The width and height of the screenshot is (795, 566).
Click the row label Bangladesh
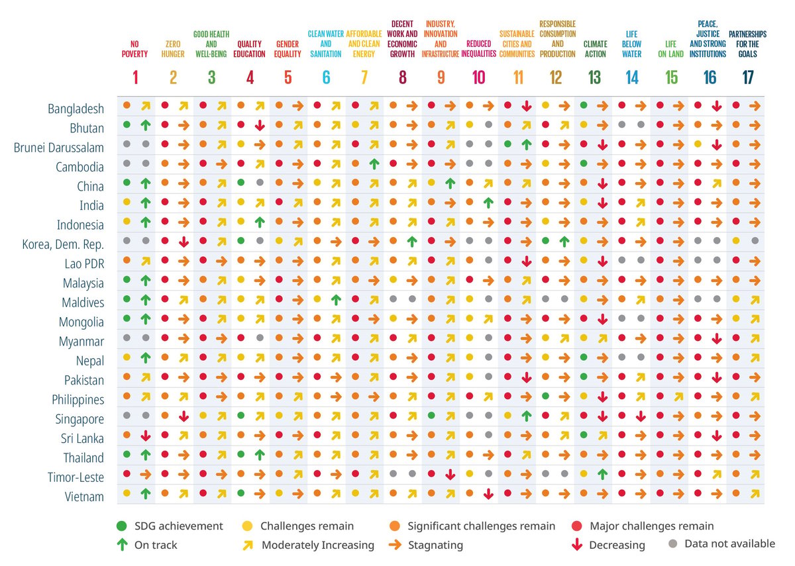click(76, 109)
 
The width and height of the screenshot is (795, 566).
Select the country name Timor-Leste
click(76, 477)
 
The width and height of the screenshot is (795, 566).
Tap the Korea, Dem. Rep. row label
click(63, 244)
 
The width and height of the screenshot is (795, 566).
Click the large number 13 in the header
click(594, 77)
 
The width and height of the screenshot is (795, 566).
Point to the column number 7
click(364, 77)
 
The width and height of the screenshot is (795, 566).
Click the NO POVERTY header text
click(134, 49)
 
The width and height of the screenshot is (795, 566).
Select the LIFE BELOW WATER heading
click(632, 44)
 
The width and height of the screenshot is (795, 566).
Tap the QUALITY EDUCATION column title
click(249, 49)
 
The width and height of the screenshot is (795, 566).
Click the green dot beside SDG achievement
click(122, 526)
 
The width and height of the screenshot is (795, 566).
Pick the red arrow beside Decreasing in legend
click(577, 545)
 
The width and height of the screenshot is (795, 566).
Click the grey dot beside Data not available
click(672, 543)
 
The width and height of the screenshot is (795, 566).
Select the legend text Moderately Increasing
click(318, 545)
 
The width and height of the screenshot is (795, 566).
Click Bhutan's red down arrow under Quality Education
click(260, 126)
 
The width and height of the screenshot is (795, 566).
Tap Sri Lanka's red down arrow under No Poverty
click(146, 436)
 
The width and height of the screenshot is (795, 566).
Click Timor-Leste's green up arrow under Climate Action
click(603, 474)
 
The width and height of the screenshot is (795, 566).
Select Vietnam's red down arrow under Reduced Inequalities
click(488, 494)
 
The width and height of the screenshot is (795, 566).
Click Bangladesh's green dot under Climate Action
click(584, 105)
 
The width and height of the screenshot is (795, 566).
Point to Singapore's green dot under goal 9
click(431, 415)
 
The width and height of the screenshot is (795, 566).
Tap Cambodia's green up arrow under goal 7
click(374, 164)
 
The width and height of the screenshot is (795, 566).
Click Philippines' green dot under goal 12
click(546, 395)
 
